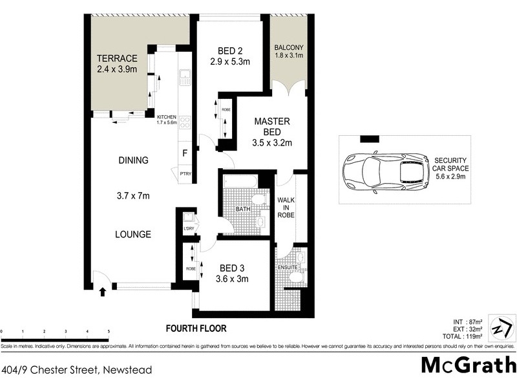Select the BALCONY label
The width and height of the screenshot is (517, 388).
pyautogui.click(x=289, y=48)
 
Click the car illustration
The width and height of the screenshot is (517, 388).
pyautogui.click(x=386, y=171)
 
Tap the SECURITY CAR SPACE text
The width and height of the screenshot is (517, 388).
pyautogui.click(x=450, y=167)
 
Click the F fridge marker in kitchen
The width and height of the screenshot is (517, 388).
pyautogui.click(x=185, y=153)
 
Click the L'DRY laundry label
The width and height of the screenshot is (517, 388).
pyautogui.click(x=189, y=229)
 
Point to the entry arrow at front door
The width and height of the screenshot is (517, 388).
pyautogui.click(x=101, y=292)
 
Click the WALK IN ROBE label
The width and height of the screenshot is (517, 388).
pyautogui.click(x=286, y=208)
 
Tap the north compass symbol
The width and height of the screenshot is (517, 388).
pyautogui.click(x=501, y=327)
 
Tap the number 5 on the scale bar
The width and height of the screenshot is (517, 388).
pyautogui.click(x=109, y=331)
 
